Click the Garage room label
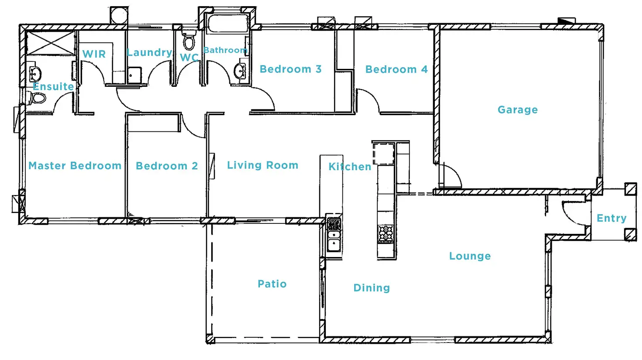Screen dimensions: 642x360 (x=517, y=110)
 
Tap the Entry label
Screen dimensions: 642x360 (x=611, y=218)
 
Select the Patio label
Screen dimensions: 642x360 (x=272, y=284)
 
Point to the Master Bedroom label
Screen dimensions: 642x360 (x=75, y=166)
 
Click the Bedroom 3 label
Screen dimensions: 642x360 (x=290, y=69)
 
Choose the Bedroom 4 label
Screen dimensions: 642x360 (x=396, y=69)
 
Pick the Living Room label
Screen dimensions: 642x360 (x=263, y=165)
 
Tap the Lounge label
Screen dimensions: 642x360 (x=470, y=256)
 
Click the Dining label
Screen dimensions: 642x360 (x=372, y=288)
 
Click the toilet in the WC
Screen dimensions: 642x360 (x=189, y=42)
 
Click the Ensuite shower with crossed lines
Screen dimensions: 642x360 (x=51, y=43)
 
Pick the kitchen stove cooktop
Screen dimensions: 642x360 (x=386, y=233)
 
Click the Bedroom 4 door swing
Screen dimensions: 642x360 (x=367, y=101)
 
